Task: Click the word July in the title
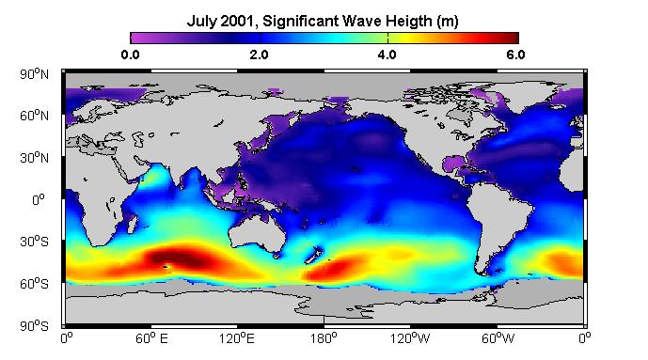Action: pos(201,21)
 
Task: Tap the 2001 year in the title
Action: pos(236,21)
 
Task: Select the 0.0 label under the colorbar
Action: pos(130,55)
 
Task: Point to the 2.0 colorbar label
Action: pos(259,55)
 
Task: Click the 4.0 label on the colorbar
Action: pos(387,55)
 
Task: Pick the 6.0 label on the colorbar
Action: pos(515,55)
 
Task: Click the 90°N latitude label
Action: pos(34,74)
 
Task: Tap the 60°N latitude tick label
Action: pos(34,116)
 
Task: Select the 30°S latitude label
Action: pos(34,242)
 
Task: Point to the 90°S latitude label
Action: pos(34,326)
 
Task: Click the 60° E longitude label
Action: pos(151,339)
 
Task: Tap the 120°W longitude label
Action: pos(410,339)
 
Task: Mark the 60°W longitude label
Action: pos(498,339)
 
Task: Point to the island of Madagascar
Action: pos(132,223)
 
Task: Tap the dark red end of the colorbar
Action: pos(512,38)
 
